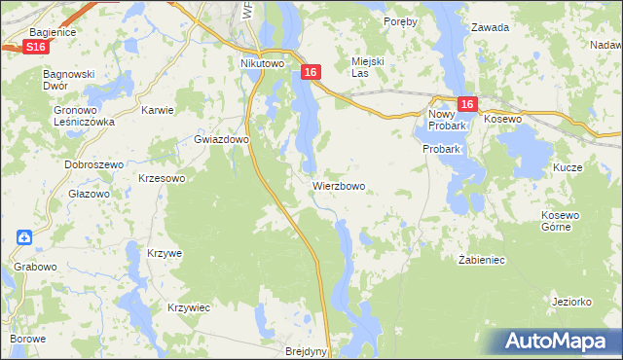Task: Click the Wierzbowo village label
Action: pos(339,185)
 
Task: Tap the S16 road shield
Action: pos(36,47)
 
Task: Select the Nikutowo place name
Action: pos(262,64)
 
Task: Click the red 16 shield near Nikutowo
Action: pos(311,72)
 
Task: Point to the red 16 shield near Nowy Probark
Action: pos(466,105)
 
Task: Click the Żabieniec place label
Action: pos(481,260)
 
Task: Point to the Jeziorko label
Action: pos(571,302)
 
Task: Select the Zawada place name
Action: pos(490,27)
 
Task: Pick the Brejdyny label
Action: pos(308,352)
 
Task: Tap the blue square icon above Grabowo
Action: pos(24,236)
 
